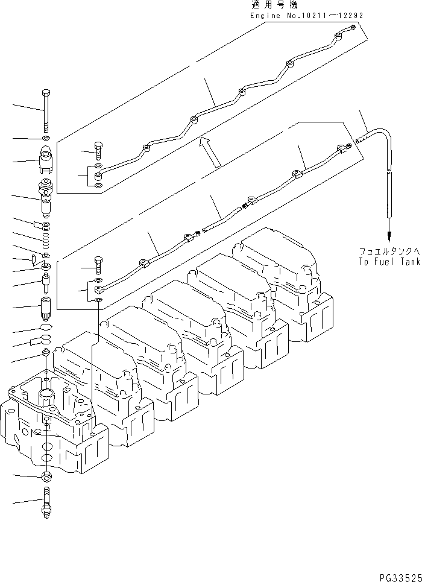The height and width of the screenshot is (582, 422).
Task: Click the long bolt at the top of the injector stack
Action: (x=46, y=110)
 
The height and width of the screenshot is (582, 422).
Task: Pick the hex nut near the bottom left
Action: (x=47, y=477)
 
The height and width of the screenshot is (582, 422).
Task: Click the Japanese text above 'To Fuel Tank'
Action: (x=386, y=251)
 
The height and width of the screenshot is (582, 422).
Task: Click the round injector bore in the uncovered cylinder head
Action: (x=48, y=397)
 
